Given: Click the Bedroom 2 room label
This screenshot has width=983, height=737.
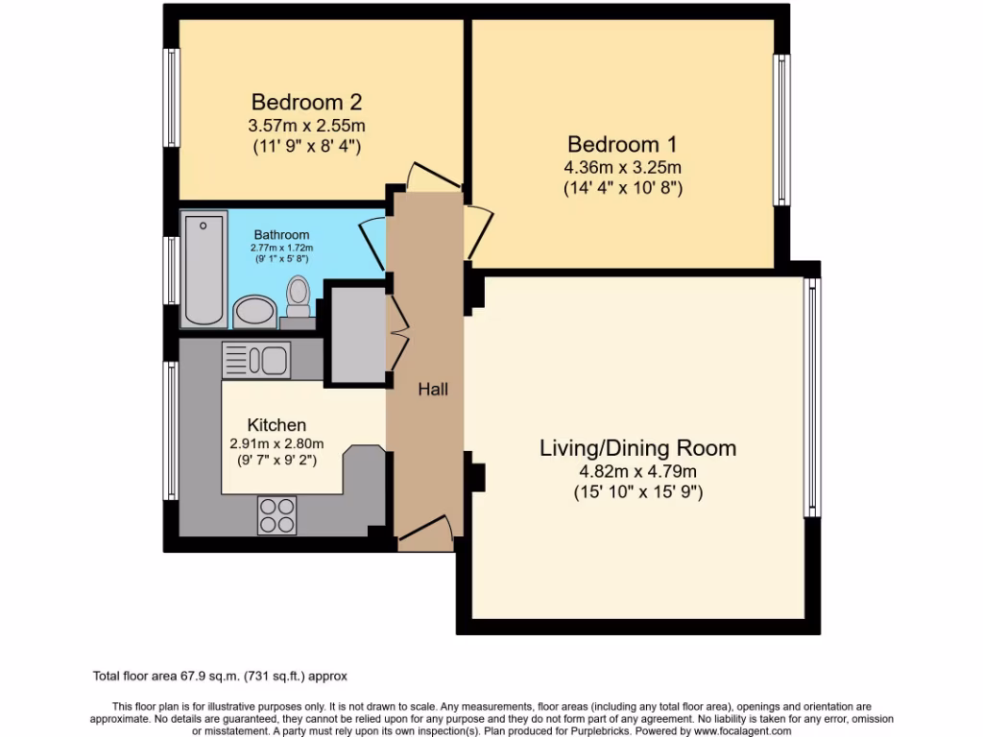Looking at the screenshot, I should [x=306, y=102].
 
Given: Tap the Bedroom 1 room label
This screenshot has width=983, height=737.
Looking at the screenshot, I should [x=622, y=145].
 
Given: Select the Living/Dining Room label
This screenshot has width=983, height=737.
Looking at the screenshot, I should [x=637, y=448].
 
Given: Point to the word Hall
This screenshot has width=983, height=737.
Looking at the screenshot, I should [x=432, y=390].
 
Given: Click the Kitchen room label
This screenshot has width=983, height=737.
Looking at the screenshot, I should [x=276, y=425].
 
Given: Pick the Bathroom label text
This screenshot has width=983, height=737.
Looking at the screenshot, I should [x=281, y=235].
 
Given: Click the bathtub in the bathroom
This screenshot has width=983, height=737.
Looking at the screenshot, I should [x=205, y=270].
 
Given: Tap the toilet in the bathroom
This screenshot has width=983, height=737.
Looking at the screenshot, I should [x=299, y=297].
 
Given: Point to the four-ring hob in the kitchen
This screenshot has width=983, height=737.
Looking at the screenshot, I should [x=276, y=515].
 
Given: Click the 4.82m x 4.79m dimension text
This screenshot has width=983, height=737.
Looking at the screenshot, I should [x=637, y=471].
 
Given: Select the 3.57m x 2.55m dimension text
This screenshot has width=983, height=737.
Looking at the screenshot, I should [x=306, y=126].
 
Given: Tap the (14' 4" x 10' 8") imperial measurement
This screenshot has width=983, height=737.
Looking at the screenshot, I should [x=622, y=188].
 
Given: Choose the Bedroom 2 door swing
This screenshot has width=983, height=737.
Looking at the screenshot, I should [x=424, y=176].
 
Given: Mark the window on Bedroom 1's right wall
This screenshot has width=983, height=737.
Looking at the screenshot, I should [x=783, y=130].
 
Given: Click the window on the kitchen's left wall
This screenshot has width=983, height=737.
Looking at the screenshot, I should [x=172, y=431].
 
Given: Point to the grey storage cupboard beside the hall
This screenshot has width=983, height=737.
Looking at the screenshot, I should [x=356, y=332].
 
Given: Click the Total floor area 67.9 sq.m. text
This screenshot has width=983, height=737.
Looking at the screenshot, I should [x=226, y=676].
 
